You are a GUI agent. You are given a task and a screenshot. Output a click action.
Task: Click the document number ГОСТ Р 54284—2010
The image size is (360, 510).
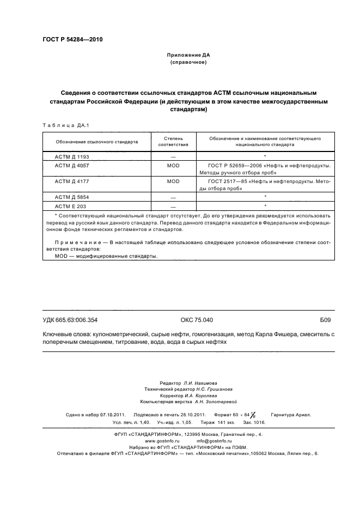[x=72, y=40]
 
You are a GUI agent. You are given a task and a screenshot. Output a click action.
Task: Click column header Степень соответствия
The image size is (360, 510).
[x=173, y=142]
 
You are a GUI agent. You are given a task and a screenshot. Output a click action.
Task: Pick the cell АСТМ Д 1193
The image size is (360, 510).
[x=72, y=156]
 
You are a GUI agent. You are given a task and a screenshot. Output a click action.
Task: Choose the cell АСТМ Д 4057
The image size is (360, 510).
[x=72, y=165]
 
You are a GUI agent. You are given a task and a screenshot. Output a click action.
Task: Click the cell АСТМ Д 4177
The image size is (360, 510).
[x=72, y=181]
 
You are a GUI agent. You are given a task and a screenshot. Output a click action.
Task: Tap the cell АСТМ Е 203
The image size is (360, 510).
[x=71, y=206]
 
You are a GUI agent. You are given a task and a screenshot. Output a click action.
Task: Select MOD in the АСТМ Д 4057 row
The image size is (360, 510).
[x=173, y=165]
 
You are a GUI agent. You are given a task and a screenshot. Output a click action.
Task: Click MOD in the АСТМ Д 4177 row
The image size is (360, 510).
[x=173, y=181]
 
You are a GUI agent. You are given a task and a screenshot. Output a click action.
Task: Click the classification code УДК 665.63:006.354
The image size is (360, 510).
[x=70, y=320]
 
